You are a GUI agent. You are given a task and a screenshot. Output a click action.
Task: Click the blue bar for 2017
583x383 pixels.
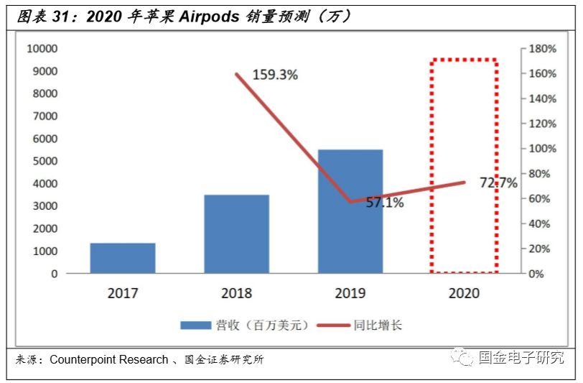pyautogui.click(x=123, y=258)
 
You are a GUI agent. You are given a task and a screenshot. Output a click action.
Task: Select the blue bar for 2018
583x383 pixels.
pyautogui.click(x=236, y=234)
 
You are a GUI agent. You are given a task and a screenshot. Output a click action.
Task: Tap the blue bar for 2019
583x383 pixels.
pyautogui.click(x=350, y=211)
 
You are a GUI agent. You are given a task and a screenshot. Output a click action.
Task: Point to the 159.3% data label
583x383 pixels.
pyautogui.click(x=275, y=74)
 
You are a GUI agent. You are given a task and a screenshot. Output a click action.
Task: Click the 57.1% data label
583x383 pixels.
pyautogui.click(x=385, y=203)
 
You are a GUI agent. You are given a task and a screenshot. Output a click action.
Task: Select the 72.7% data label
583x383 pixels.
pyautogui.click(x=498, y=183)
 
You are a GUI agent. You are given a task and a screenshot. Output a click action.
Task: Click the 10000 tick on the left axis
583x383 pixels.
pyautogui.click(x=42, y=49)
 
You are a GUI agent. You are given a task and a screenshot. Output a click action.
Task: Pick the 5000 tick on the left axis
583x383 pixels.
pyautogui.click(x=45, y=161)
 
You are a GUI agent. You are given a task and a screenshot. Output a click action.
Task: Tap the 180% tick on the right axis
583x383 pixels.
pyautogui.click(x=542, y=49)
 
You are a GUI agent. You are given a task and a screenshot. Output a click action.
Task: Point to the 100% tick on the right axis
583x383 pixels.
pyautogui.click(x=542, y=149)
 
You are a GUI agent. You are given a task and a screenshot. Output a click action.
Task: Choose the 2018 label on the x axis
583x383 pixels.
pyautogui.click(x=236, y=293)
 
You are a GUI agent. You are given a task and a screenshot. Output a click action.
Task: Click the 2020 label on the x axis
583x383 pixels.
pyautogui.click(x=464, y=293)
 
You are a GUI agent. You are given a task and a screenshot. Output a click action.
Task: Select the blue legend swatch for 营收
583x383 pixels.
pyautogui.click(x=195, y=326)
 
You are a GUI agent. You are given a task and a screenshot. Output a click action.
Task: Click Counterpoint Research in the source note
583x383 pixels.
pyautogui.click(x=108, y=359)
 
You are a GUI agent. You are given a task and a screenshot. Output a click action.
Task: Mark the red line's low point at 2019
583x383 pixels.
pyautogui.click(x=350, y=202)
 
